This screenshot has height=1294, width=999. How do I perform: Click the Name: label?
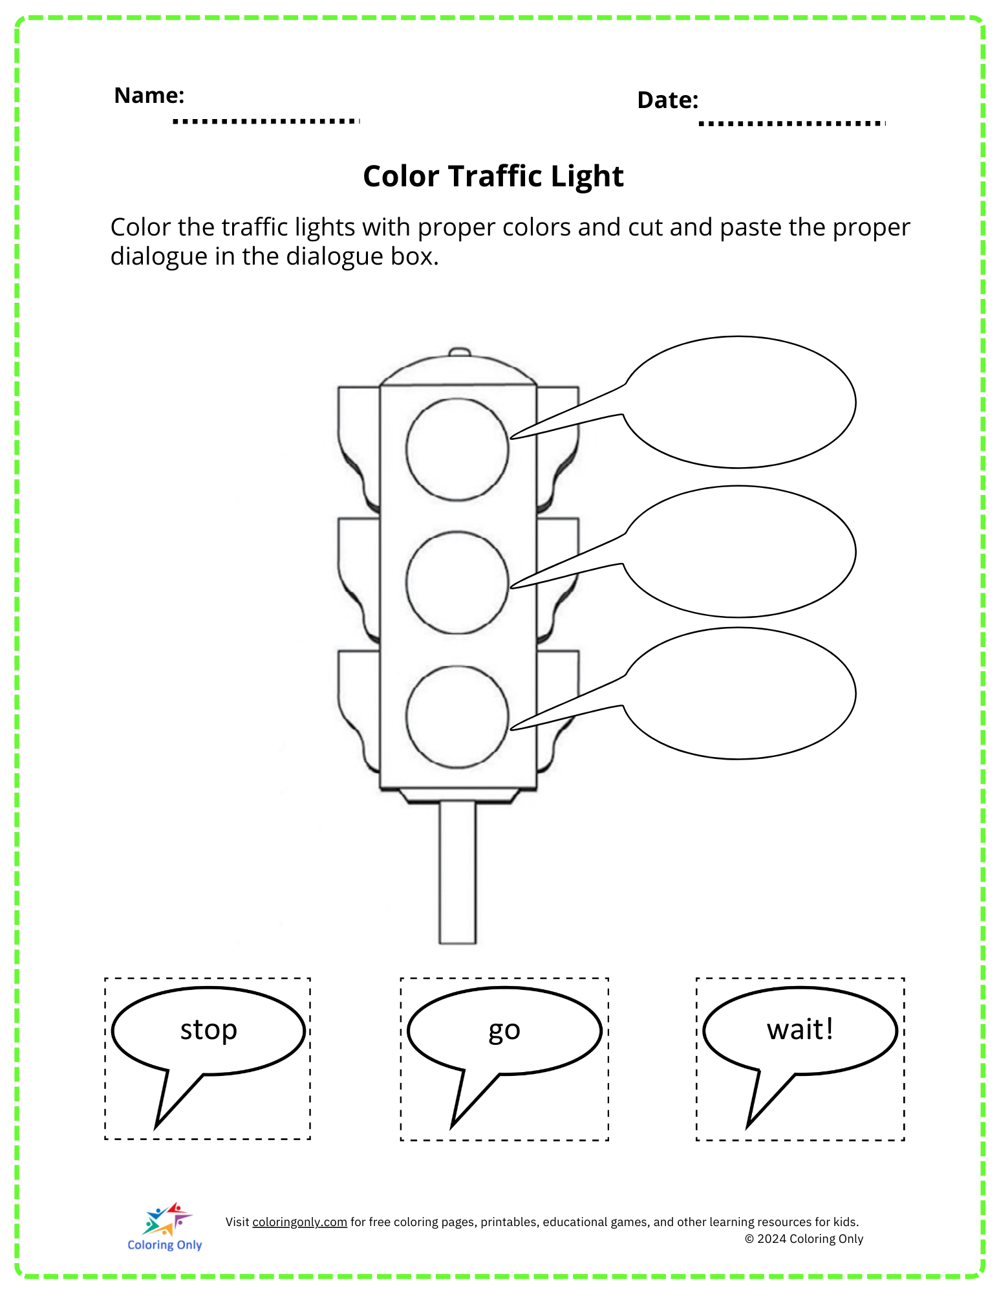149,96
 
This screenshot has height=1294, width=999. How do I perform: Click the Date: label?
667,100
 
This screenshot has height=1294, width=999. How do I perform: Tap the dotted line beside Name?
266,121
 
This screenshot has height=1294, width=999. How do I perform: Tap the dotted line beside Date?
791,123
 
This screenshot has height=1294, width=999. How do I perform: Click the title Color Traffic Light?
493,176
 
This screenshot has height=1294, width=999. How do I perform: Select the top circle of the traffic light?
457,449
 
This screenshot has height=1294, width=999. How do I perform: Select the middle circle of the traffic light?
457,582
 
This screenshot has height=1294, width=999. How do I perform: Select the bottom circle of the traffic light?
457,717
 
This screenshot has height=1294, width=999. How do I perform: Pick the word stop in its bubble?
208,1030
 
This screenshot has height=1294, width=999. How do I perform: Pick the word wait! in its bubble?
800,1029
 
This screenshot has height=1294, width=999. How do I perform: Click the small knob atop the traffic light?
459,352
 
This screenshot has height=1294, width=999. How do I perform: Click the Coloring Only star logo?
166,1220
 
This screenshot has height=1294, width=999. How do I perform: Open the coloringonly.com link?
299,1222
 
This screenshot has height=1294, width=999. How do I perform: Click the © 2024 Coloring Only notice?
804,1239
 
